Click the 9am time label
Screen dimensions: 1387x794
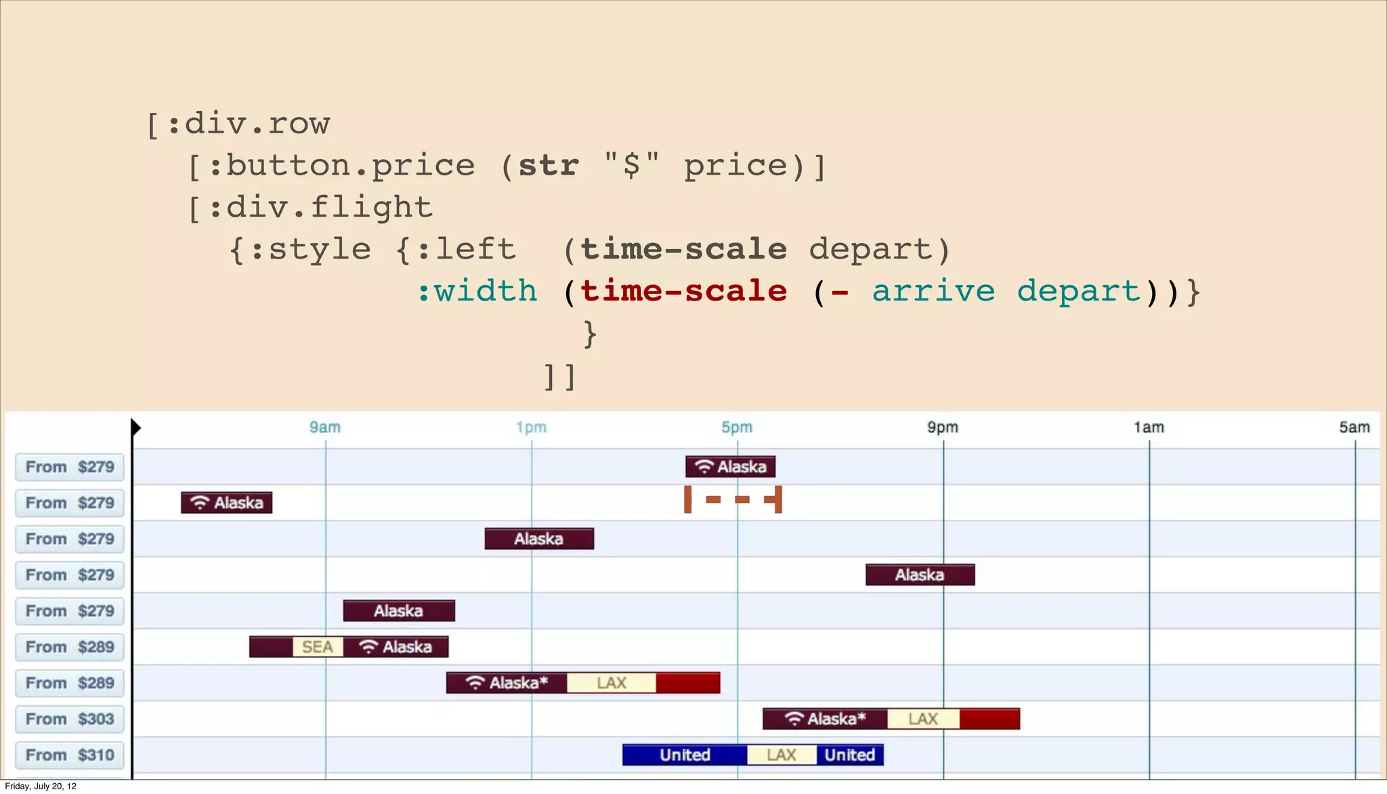coord(325,427)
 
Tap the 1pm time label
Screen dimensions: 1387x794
coord(531,427)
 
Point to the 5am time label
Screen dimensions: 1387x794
coord(1354,427)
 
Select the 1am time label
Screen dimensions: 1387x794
coord(1149,427)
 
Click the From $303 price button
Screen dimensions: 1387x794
coord(70,719)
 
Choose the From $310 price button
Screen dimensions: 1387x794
coord(70,755)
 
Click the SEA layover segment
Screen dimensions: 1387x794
coord(318,647)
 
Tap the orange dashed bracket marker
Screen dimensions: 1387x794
coord(733,500)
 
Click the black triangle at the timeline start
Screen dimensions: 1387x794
coord(135,427)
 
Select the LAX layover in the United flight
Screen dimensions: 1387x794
coord(782,755)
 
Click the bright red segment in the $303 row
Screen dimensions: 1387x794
coord(989,719)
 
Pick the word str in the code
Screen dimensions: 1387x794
coord(549,166)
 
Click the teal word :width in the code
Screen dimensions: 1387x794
coord(477,291)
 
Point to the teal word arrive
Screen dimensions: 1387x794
coord(933,291)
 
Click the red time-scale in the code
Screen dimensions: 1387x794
coord(684,291)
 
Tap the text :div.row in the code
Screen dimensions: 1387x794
coord(248,124)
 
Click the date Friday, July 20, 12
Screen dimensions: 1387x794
coord(41,786)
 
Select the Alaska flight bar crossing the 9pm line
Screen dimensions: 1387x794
coord(920,575)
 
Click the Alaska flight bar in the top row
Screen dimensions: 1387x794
coord(730,466)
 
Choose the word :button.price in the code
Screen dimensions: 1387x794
coord(341,166)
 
